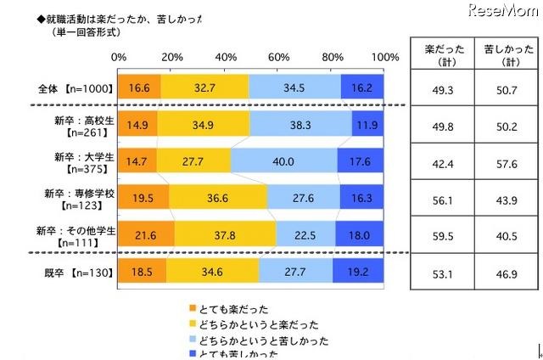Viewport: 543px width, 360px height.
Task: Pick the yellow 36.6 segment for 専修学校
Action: click(x=219, y=196)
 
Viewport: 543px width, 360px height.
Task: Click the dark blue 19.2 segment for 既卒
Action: click(x=358, y=269)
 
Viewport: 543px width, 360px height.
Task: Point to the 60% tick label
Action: click(x=279, y=57)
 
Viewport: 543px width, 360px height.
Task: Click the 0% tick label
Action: click(x=119, y=57)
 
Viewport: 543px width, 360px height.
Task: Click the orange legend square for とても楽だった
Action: click(x=191, y=310)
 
